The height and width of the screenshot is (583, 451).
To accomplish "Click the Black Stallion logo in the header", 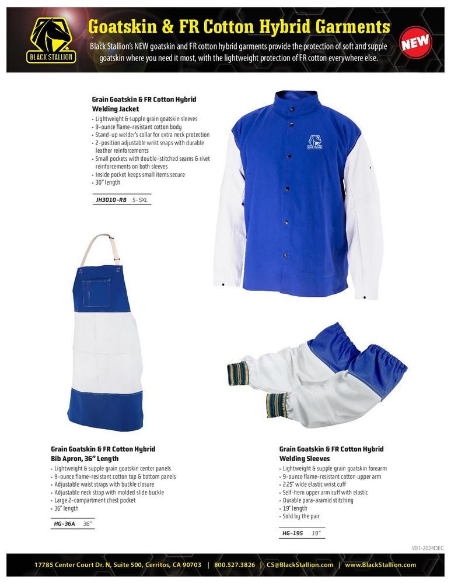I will (51, 39).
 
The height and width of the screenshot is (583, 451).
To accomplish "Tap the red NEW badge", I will (415, 41).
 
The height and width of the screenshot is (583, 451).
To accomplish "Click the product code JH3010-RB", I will (111, 199).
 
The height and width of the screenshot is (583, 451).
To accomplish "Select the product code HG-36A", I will (64, 524).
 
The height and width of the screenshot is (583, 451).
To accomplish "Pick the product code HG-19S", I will (292, 533).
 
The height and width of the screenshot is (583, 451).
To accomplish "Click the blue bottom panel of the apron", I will (106, 405).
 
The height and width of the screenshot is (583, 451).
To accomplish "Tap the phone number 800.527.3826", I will (234, 564).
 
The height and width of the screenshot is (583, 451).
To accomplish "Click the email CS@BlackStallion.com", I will (300, 564).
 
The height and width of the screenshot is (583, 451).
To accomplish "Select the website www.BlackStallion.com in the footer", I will (380, 564).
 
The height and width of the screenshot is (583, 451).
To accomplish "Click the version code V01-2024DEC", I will (428, 547).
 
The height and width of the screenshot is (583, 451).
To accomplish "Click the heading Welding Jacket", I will (117, 108).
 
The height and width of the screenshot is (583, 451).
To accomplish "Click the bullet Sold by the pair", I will (302, 517).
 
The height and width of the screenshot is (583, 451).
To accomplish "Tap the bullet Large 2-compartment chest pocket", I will (95, 500).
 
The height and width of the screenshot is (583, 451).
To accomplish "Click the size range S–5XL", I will (141, 199).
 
